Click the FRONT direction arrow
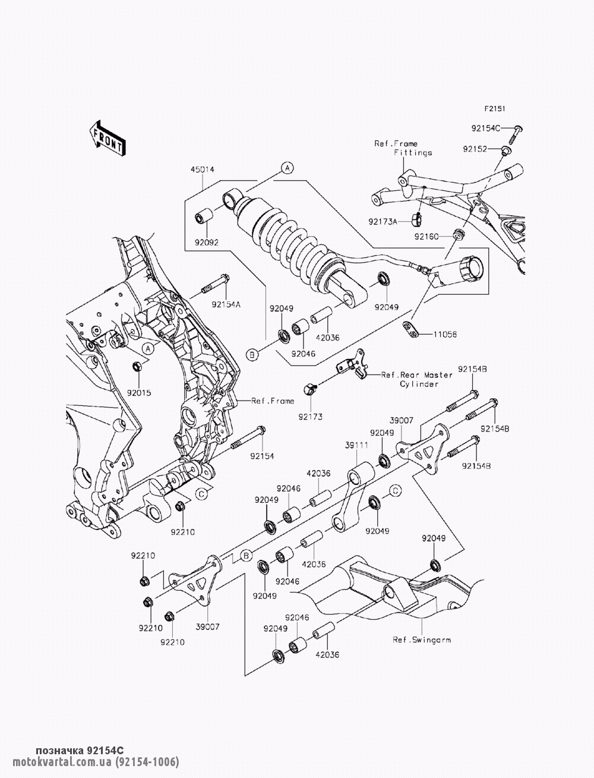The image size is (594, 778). pos(108,138)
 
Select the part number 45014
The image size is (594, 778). pos(202,170)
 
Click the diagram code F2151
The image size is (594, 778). pos(494,109)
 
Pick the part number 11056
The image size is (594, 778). pos(444,335)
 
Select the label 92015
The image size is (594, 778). pos(137,393)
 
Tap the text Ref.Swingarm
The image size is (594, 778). pos(421,640)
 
